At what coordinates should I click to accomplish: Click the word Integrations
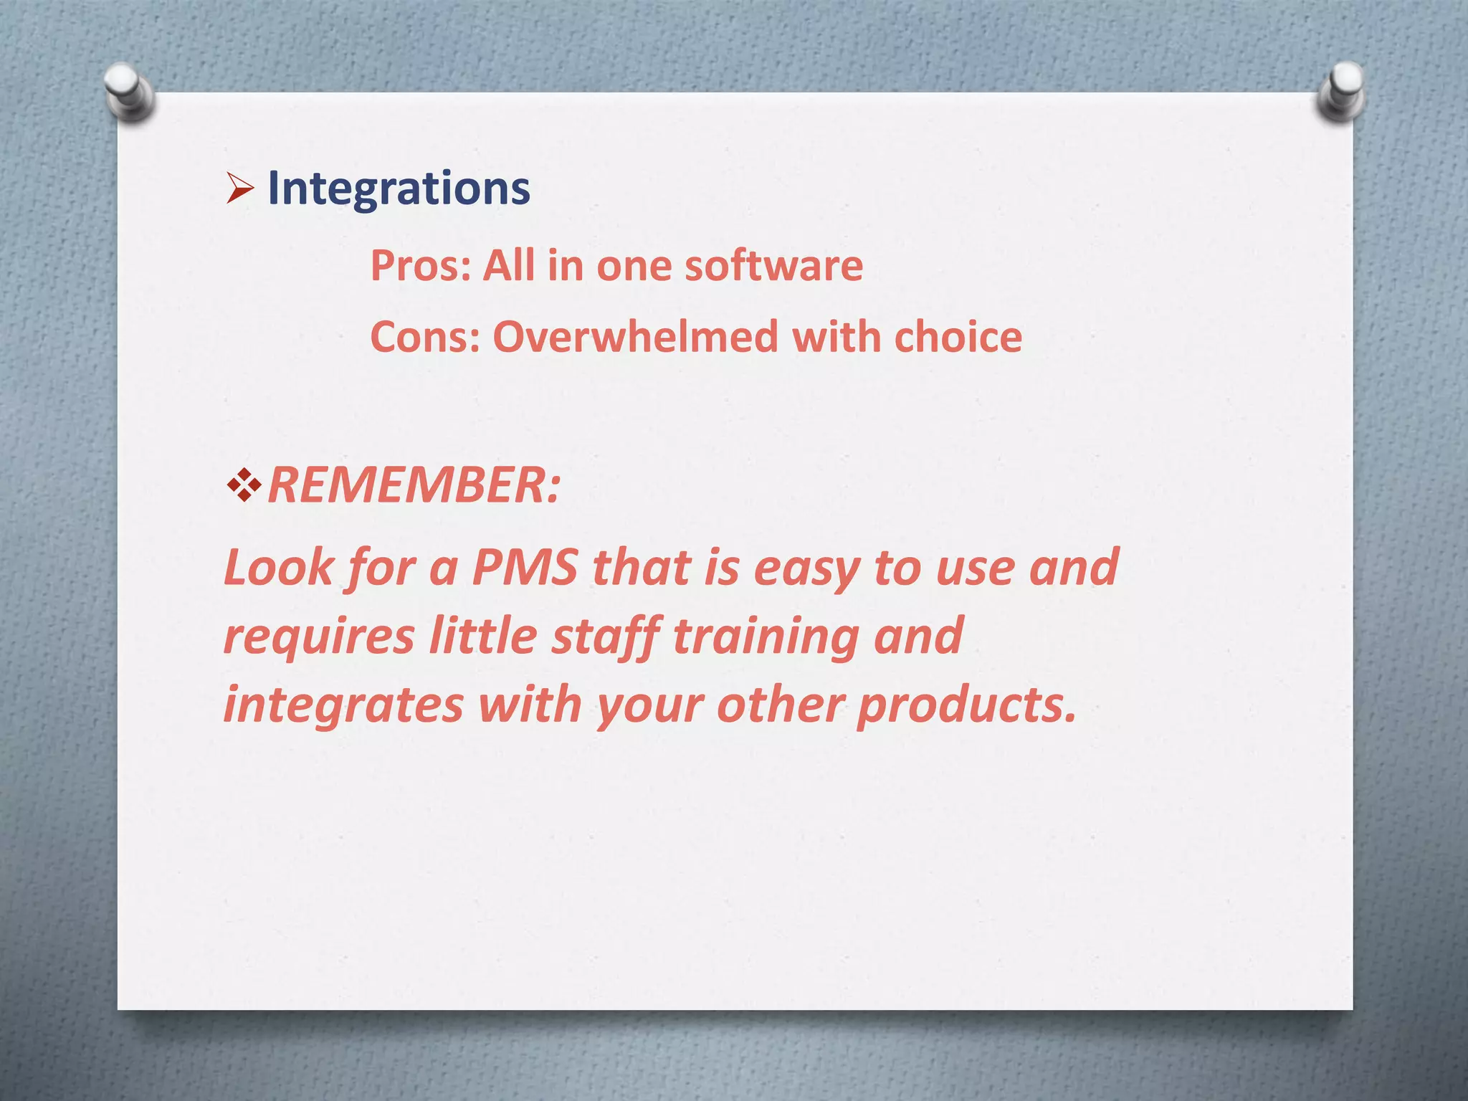(x=399, y=189)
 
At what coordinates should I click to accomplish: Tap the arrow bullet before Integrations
(x=240, y=189)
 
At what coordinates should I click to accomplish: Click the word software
(x=773, y=265)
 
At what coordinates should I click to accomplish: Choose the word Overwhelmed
(x=635, y=336)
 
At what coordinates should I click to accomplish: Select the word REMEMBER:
(x=414, y=485)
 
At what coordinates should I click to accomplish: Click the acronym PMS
(x=525, y=567)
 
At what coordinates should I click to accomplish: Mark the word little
(x=482, y=637)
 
